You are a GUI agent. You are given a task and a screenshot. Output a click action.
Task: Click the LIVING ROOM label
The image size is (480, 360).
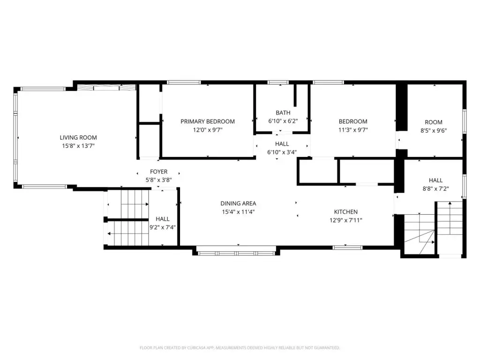point(78,138)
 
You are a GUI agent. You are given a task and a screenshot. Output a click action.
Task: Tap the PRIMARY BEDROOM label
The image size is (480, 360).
point(208,121)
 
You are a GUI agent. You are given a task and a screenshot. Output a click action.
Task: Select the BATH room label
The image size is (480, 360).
point(283,112)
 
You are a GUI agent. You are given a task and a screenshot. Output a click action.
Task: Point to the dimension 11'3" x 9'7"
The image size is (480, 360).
point(353,130)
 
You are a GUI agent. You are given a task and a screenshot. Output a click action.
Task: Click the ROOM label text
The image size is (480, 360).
point(434,122)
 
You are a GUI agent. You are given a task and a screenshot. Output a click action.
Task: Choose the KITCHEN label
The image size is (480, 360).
point(345,212)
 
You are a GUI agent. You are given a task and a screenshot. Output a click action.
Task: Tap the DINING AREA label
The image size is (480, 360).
point(238,203)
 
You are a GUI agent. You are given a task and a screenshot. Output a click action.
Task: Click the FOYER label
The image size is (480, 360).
point(158,172)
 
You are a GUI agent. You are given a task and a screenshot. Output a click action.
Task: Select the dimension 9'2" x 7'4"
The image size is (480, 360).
point(163,227)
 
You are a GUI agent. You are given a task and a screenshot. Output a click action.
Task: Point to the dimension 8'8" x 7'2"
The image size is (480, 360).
point(435,189)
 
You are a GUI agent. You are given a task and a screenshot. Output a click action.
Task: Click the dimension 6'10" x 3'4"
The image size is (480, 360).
point(282,152)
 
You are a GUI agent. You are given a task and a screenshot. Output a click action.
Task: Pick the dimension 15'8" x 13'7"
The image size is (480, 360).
point(78,146)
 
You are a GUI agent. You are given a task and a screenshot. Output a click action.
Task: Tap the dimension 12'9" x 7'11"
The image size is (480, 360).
point(345,220)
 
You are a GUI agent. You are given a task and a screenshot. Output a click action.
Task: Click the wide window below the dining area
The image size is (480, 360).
point(236,253)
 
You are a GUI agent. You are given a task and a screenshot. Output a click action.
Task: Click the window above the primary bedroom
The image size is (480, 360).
point(184,82)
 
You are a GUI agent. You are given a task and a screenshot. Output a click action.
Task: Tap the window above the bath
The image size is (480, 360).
point(278,82)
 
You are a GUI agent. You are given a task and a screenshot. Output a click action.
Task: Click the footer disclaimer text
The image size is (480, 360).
point(240,348)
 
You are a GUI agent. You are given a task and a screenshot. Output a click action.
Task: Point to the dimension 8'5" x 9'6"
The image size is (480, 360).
point(434,130)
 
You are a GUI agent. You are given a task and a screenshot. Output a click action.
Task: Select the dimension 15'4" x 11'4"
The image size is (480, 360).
point(238,212)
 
